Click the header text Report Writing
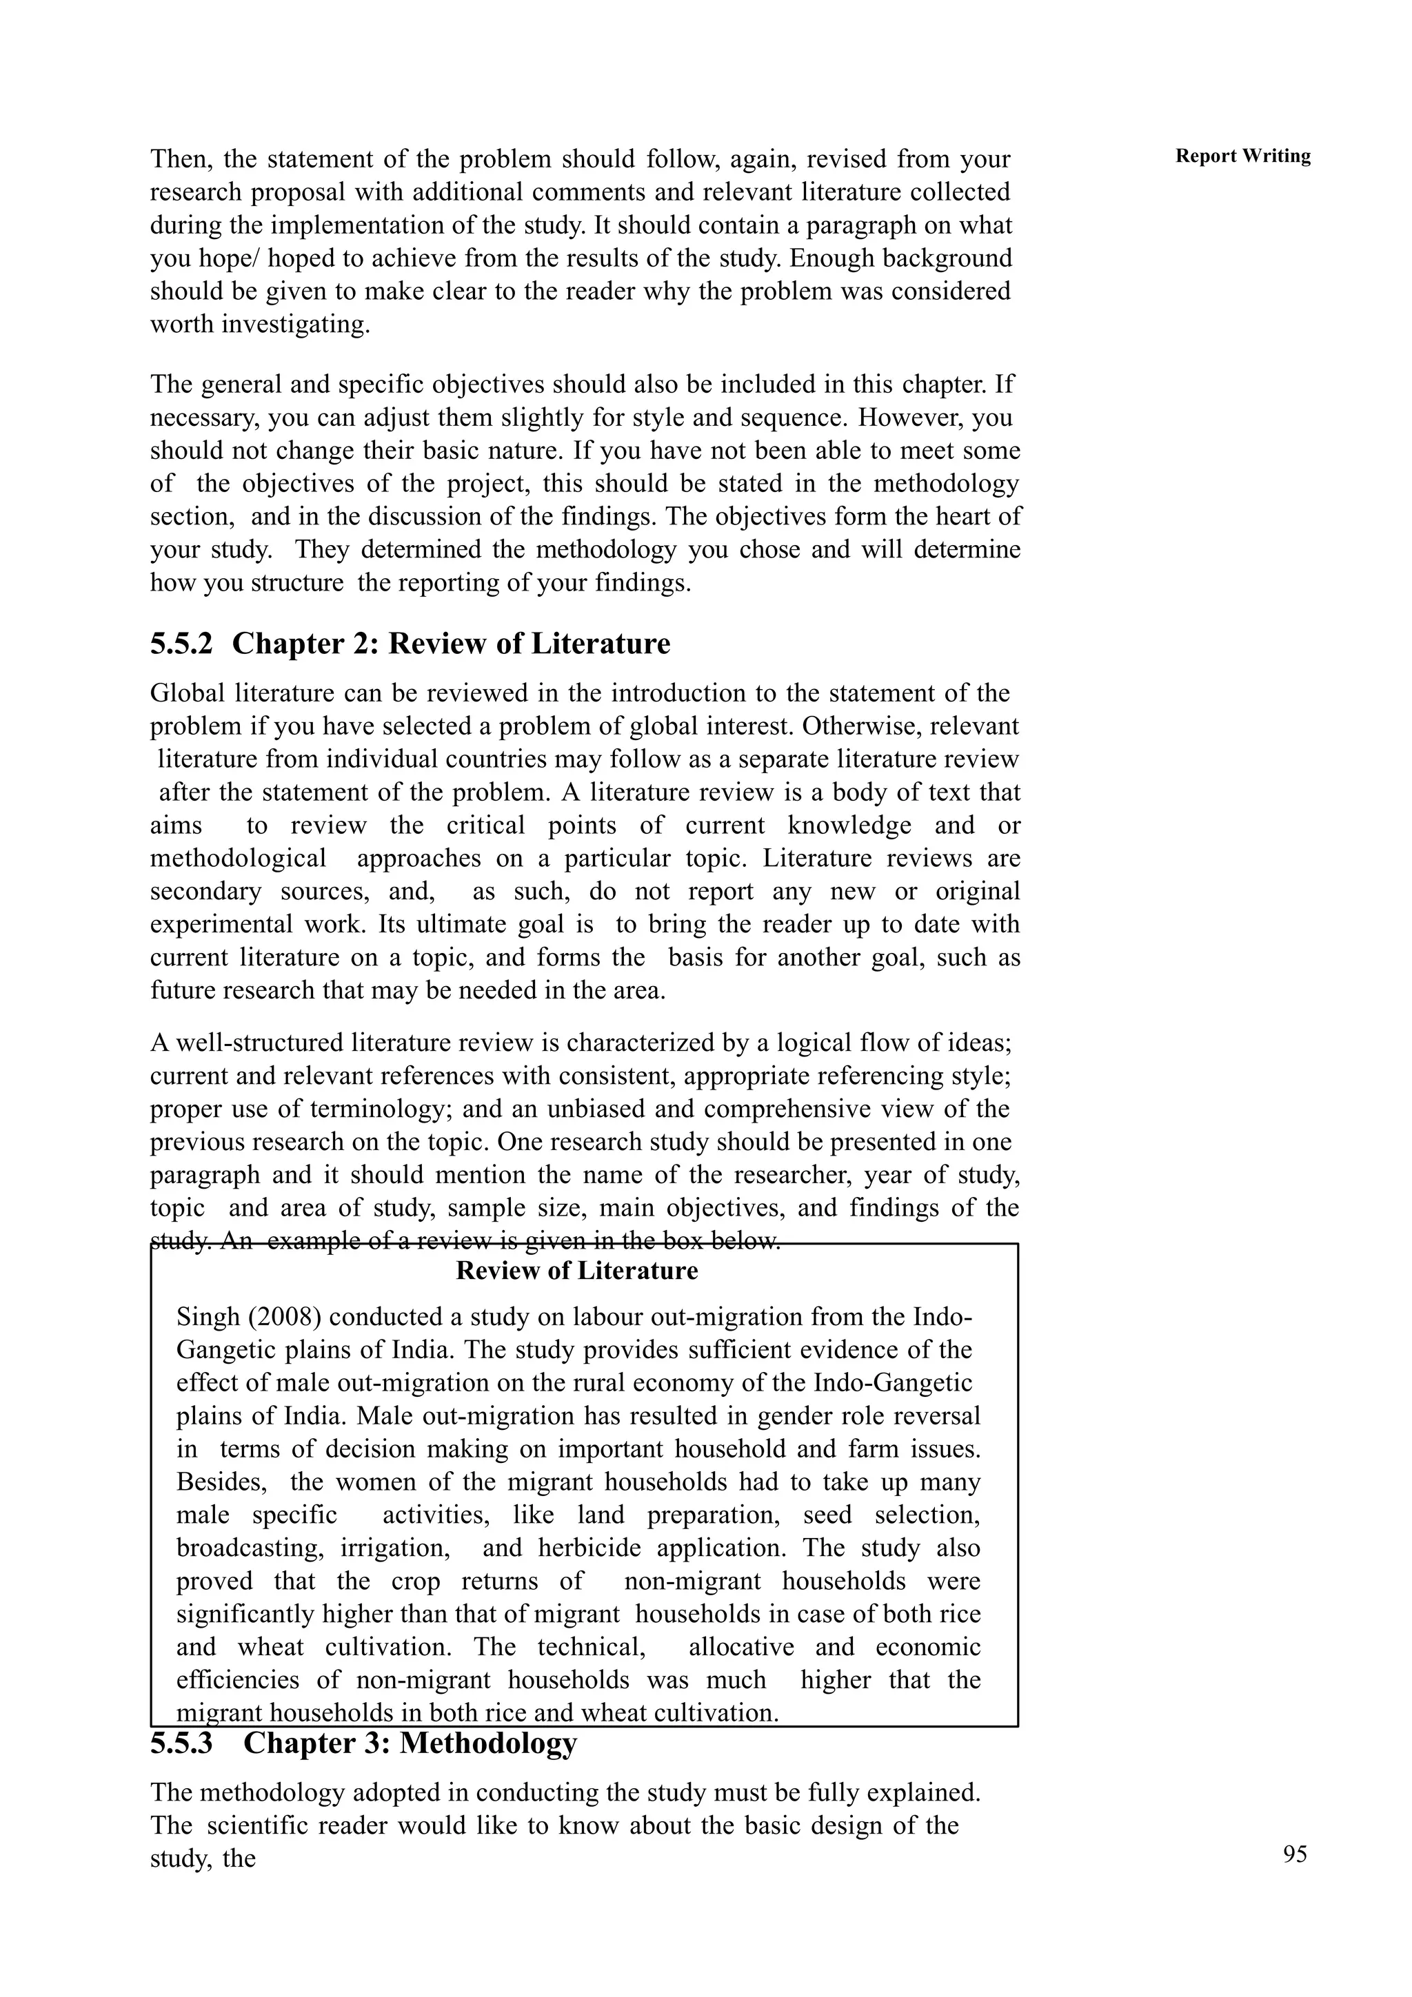[1242, 156]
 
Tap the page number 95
[1295, 1854]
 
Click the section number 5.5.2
[181, 644]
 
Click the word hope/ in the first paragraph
[250, 259]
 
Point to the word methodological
[237, 859]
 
